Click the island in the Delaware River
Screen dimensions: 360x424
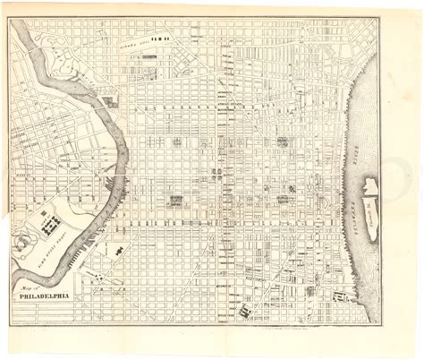click(371, 193)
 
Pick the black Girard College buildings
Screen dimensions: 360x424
click(160, 39)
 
